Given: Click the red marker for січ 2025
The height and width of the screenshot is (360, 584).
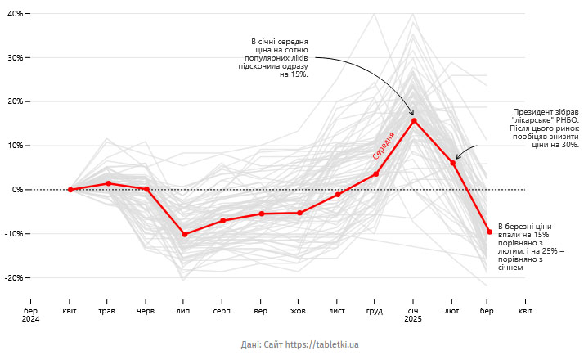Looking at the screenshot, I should (414, 121).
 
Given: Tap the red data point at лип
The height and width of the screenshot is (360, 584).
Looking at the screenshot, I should (185, 235).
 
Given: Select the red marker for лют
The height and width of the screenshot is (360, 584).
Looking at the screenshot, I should (452, 163).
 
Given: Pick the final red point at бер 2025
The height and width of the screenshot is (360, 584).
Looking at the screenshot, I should (489, 232).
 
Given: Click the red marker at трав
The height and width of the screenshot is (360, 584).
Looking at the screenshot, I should (109, 183).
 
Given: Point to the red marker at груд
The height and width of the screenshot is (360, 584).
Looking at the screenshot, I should (375, 174).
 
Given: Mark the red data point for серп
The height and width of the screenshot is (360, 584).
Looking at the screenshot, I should (222, 221).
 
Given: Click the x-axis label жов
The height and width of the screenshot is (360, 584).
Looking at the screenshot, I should (299, 312).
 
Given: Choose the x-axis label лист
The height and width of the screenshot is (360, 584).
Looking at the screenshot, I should (337, 312).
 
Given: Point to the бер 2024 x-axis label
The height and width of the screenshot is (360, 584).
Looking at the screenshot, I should (31, 316).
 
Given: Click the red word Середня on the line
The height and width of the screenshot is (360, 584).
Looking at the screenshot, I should (384, 146).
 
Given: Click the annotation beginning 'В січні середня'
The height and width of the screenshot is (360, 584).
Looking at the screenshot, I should (276, 58).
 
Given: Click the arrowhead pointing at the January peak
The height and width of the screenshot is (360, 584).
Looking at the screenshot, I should (412, 113).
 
